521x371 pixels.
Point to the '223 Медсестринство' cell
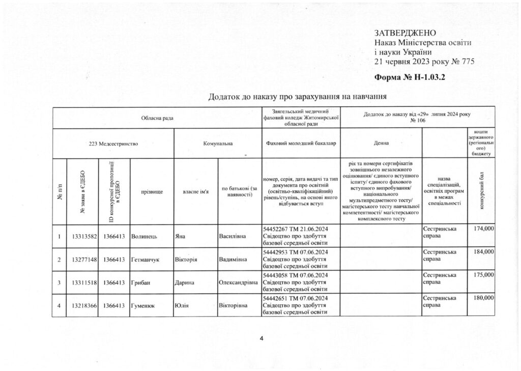click(113, 144)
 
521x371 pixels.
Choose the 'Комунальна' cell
click(218, 144)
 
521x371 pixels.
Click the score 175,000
click(483, 275)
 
